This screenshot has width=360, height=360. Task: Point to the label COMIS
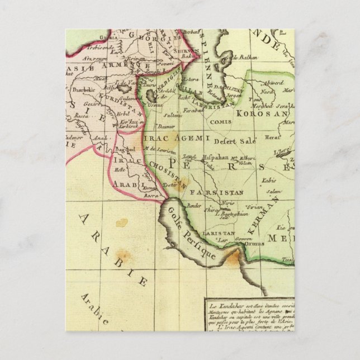[219, 121]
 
